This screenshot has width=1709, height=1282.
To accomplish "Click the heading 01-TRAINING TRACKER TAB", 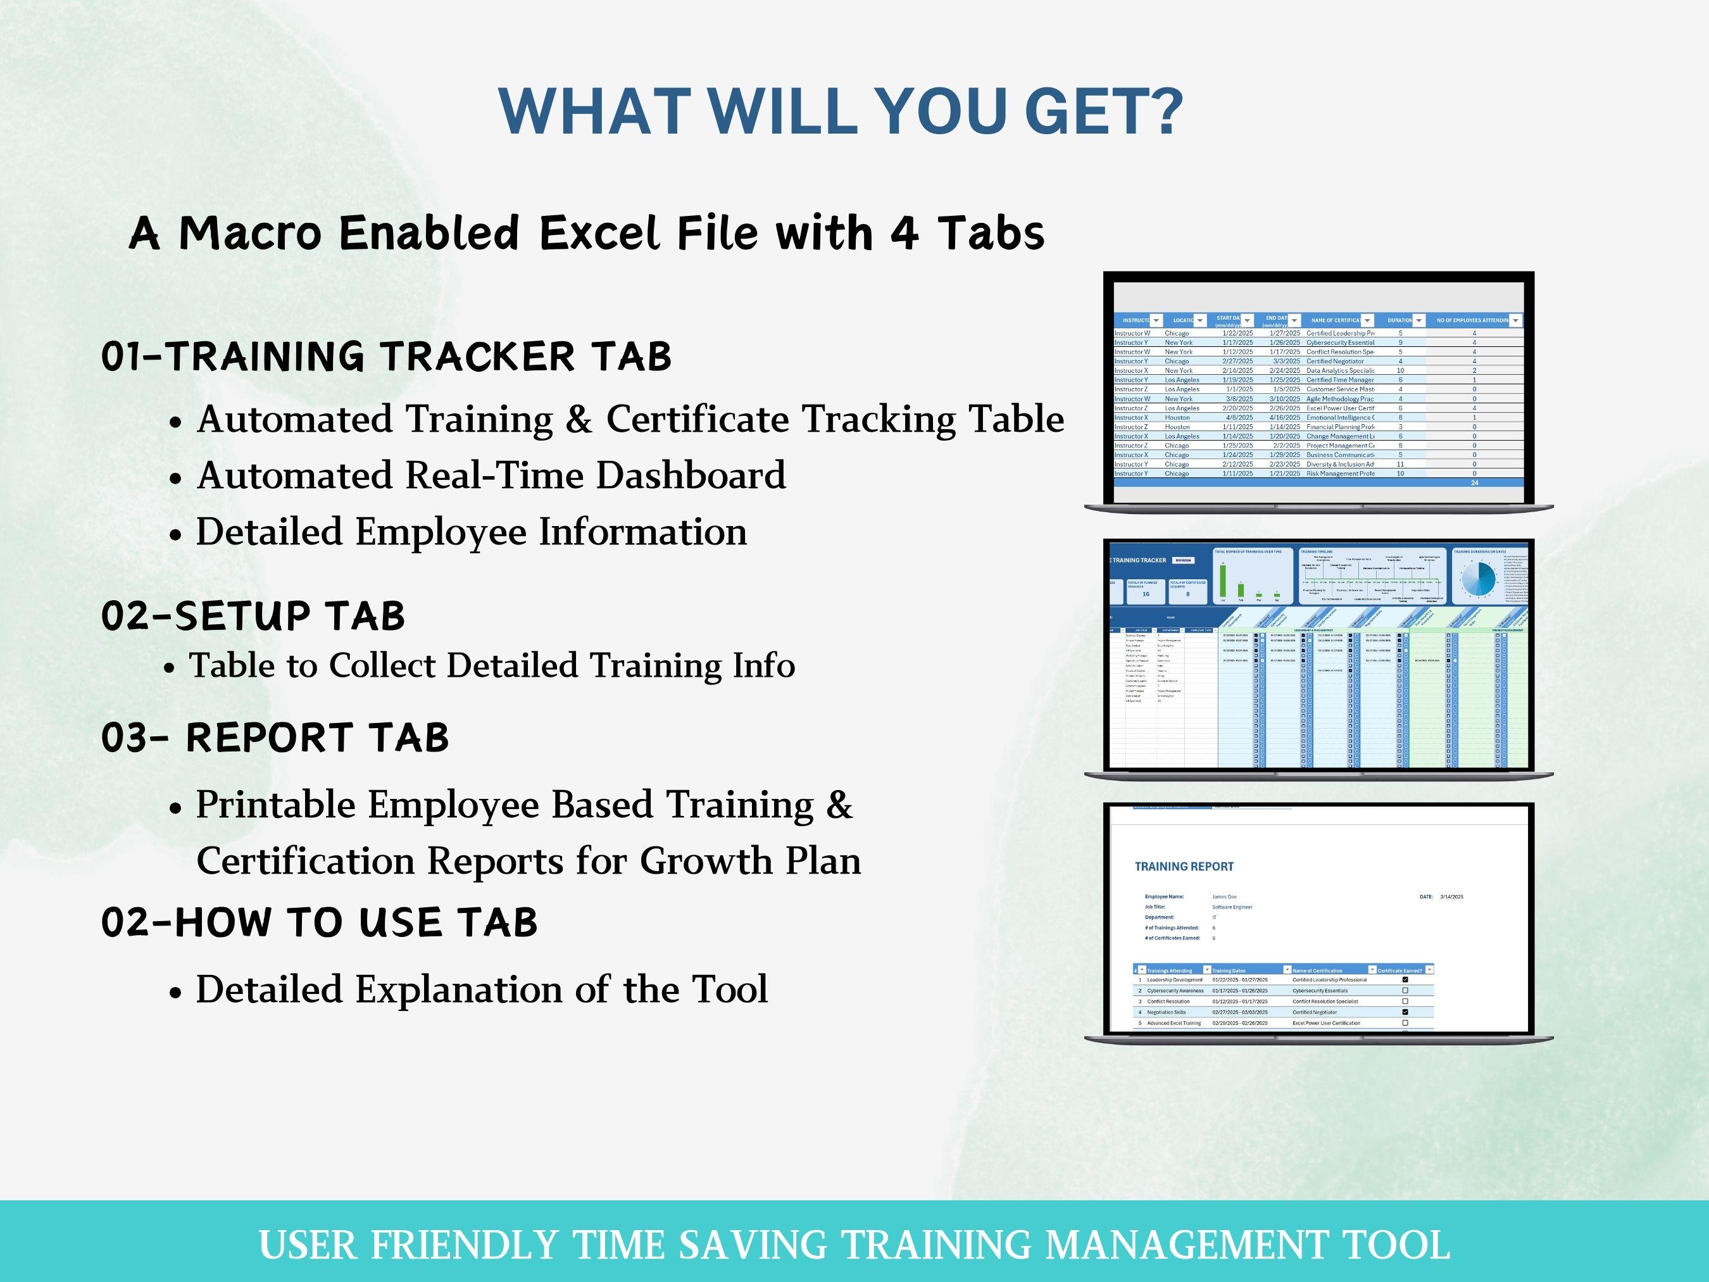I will [386, 356].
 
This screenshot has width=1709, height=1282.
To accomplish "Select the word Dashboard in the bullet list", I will [691, 474].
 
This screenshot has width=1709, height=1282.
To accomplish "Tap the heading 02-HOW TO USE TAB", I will [319, 922].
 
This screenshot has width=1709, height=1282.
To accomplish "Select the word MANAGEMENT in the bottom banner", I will [1187, 1245].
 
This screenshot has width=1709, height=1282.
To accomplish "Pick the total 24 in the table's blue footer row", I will [1474, 483].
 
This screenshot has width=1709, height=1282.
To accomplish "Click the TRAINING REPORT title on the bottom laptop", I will [1184, 866].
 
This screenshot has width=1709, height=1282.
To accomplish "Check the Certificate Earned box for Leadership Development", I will [1405, 980].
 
